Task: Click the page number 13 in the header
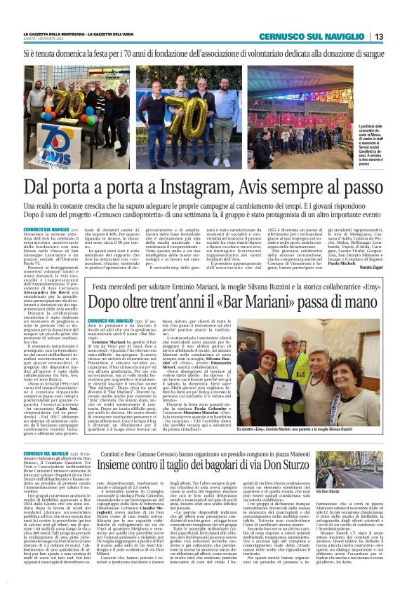coord(378,36)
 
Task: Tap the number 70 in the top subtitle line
coord(131,53)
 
